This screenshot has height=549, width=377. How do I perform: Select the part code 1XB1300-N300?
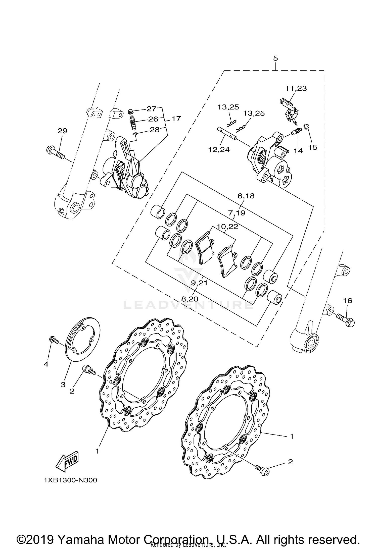click(x=70, y=480)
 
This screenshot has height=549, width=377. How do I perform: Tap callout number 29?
click(x=62, y=131)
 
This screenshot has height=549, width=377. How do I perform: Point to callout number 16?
click(x=348, y=301)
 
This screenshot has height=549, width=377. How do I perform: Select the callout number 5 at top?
click(x=275, y=58)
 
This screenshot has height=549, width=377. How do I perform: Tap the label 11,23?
click(x=296, y=88)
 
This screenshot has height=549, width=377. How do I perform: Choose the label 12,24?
click(x=219, y=150)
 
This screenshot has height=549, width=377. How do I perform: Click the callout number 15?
click(x=313, y=147)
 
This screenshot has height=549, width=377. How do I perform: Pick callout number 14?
click(x=298, y=151)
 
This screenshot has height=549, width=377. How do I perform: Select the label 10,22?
click(x=227, y=227)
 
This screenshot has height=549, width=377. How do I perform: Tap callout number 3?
click(x=63, y=392)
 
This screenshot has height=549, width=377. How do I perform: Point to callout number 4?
click(x=46, y=364)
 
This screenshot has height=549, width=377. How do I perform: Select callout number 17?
click(x=176, y=119)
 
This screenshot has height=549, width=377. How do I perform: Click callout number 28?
click(x=155, y=130)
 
